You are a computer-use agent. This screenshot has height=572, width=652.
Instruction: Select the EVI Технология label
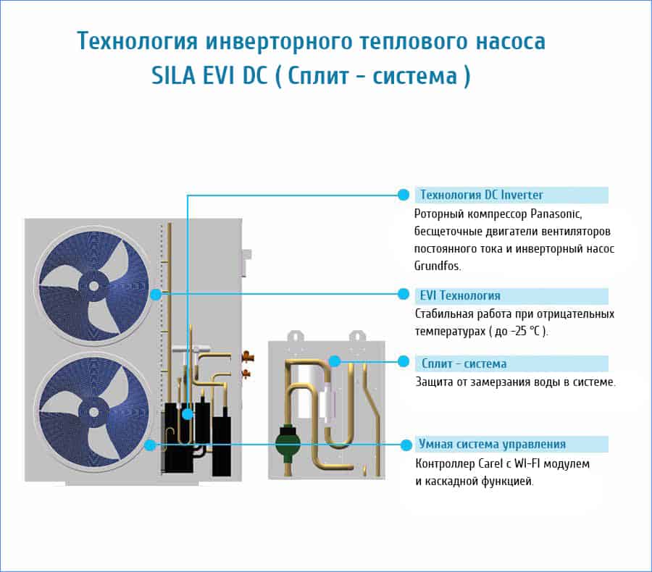tap(460, 295)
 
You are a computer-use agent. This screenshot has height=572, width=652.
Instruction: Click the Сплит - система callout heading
tap(464, 363)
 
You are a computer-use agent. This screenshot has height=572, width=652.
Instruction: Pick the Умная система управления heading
tap(492, 444)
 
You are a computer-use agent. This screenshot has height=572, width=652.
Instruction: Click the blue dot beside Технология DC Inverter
tap(404, 195)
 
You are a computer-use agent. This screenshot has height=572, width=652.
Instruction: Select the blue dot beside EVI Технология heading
tap(404, 294)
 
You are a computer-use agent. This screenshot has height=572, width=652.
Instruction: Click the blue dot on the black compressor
tap(188, 413)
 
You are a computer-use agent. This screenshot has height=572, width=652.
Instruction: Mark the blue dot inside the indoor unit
tap(335, 361)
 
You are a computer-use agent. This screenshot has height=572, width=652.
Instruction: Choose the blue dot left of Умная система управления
tap(404, 444)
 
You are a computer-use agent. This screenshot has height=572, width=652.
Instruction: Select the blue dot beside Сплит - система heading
tap(404, 361)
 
